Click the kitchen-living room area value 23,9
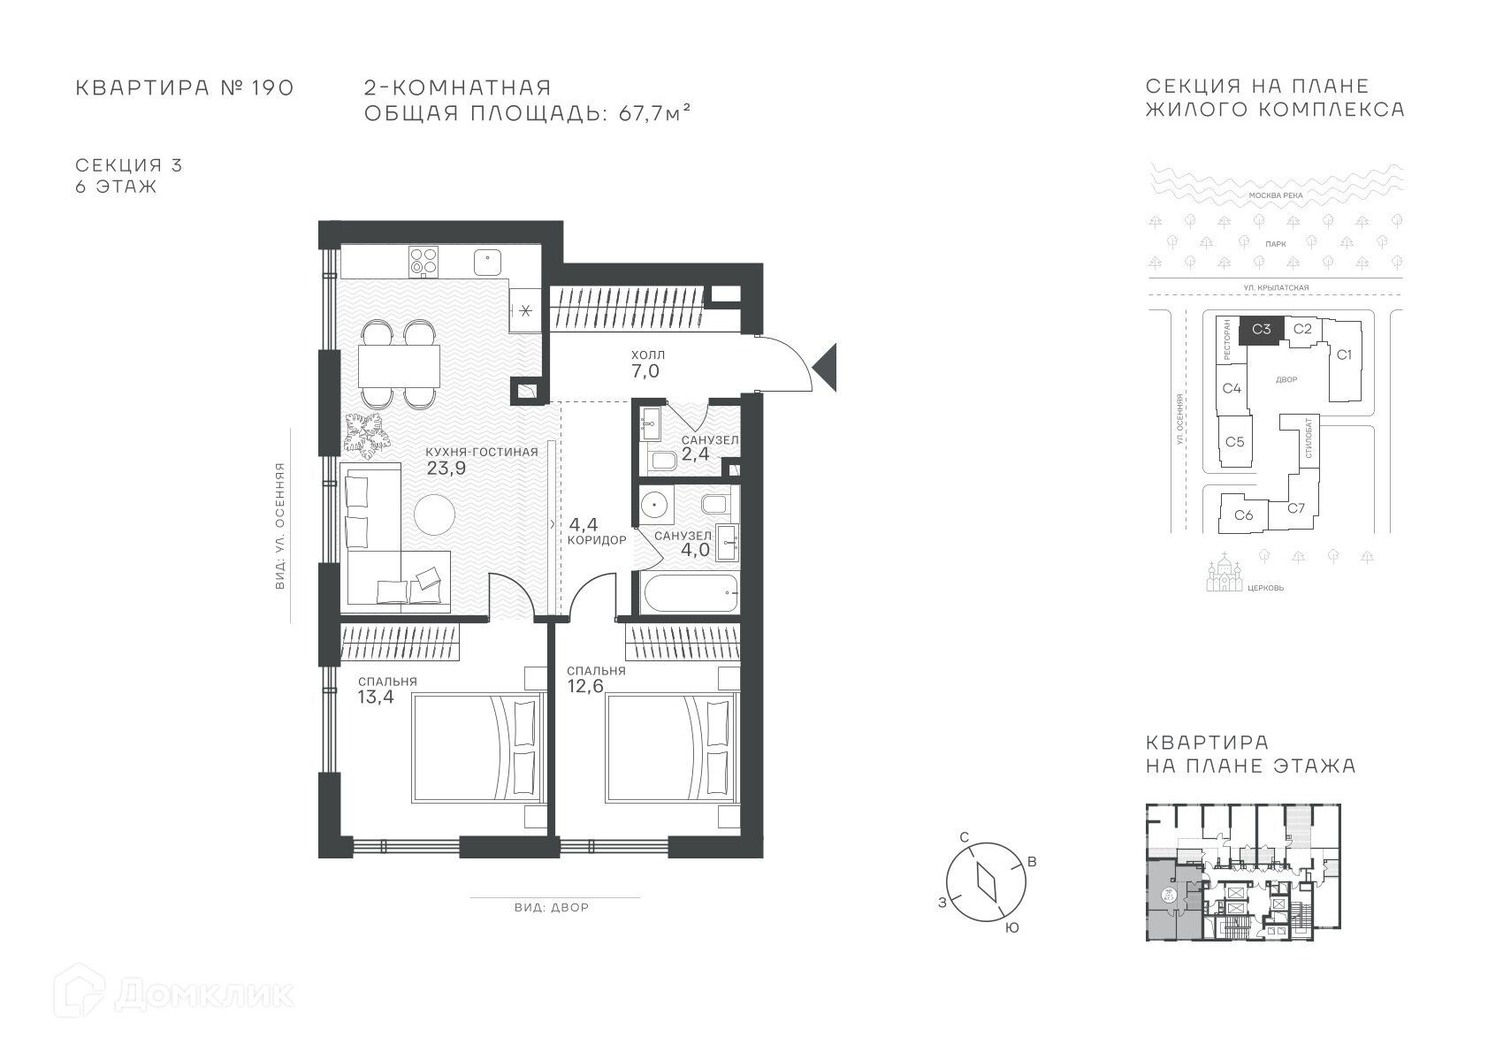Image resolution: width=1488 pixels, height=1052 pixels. click(x=446, y=469)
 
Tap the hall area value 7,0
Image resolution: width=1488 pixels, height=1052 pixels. click(x=645, y=371)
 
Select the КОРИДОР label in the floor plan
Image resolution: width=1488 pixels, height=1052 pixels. click(x=597, y=541)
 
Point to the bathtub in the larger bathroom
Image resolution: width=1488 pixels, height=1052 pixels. click(x=690, y=592)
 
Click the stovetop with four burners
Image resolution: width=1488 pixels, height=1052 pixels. click(x=424, y=261)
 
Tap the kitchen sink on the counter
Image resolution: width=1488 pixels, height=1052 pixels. click(x=487, y=263)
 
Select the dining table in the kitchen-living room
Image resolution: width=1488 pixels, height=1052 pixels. click(x=399, y=366)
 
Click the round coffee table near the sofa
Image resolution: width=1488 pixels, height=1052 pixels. click(x=434, y=514)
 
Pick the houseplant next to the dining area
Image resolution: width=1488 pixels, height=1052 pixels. click(x=367, y=435)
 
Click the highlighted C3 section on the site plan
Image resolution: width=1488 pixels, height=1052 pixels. click(x=1262, y=330)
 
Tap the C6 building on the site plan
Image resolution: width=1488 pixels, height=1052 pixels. click(x=1244, y=514)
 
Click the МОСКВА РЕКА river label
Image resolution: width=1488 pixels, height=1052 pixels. click(x=1276, y=195)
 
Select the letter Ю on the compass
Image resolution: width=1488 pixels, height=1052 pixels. click(x=1011, y=928)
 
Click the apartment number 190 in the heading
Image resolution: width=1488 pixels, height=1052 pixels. click(x=272, y=88)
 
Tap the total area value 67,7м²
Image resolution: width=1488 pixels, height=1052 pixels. click(x=654, y=113)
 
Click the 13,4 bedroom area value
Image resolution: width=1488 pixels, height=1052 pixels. click(x=376, y=697)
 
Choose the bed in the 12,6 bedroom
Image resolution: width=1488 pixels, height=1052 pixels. click(x=672, y=747)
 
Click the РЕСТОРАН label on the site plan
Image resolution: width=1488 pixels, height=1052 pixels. click(x=1226, y=339)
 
